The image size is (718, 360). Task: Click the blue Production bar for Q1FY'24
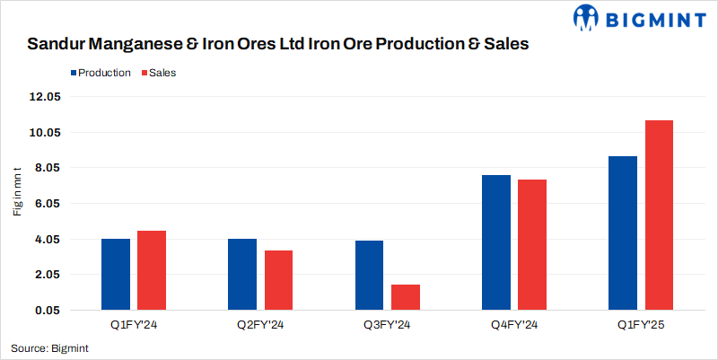(116, 274)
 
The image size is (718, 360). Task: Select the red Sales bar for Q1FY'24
(152, 270)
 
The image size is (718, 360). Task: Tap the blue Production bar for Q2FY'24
(242, 274)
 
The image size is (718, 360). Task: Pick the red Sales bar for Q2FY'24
(278, 280)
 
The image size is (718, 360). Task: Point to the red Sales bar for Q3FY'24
(406, 297)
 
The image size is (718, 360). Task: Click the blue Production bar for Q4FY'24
(496, 242)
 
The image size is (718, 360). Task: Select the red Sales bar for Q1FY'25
(659, 215)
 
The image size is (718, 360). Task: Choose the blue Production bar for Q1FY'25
(623, 233)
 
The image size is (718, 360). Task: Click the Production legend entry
(100, 73)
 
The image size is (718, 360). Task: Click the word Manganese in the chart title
(131, 43)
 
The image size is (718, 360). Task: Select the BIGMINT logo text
(652, 17)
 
